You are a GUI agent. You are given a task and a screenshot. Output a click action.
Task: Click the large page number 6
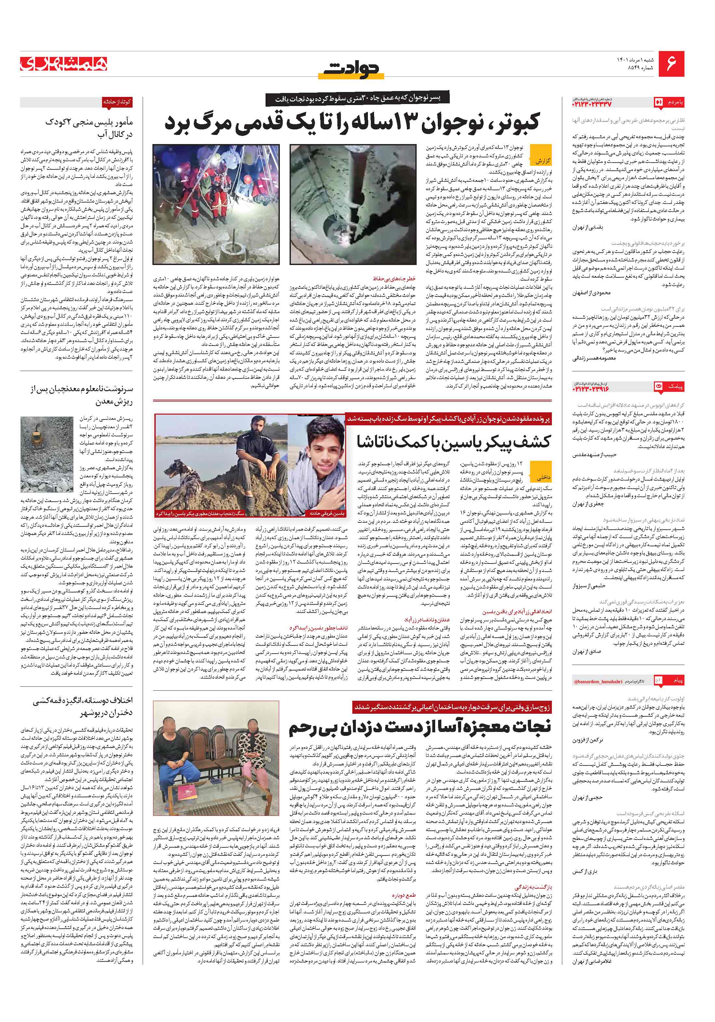(671, 64)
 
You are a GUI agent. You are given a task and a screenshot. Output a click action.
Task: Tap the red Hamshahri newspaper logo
(63, 64)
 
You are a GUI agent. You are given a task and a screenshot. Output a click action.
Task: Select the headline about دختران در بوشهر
(82, 707)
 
